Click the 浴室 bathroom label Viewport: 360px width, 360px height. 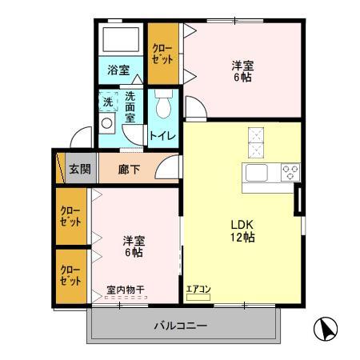click(118, 70)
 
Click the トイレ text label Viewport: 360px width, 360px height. click(164, 136)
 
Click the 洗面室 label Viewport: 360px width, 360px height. click(131, 107)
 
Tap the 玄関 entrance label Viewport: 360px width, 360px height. click(79, 169)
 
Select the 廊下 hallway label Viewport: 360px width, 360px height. click(128, 169)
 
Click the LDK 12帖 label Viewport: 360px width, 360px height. click(243, 231)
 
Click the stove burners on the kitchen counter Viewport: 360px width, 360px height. click(289, 171)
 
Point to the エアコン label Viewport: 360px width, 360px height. click(198, 290)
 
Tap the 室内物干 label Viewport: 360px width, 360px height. click(126, 289)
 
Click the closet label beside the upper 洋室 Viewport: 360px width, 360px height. click(162, 54)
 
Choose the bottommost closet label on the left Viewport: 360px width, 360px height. click(70, 276)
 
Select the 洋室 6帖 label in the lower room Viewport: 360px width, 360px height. click(133, 246)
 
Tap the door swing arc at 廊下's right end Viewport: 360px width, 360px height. click(168, 166)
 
